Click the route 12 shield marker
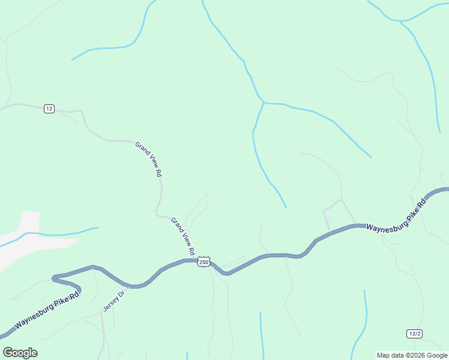tap(49, 109)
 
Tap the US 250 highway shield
tap(204, 262)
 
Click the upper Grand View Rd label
tap(149, 159)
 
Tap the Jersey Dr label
tap(112, 300)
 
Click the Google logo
tap(20, 353)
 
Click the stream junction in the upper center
tap(264, 103)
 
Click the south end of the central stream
tap(286, 207)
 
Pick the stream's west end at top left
tap(73, 59)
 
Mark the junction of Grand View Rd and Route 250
tap(194, 260)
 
